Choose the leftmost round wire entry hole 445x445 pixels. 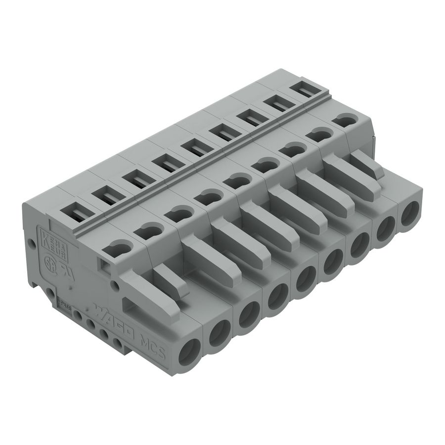(x=189, y=354)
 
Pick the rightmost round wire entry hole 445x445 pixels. (x=410, y=216)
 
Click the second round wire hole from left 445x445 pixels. (x=219, y=335)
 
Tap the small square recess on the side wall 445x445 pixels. (x=105, y=265)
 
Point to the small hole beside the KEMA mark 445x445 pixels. (x=33, y=243)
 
